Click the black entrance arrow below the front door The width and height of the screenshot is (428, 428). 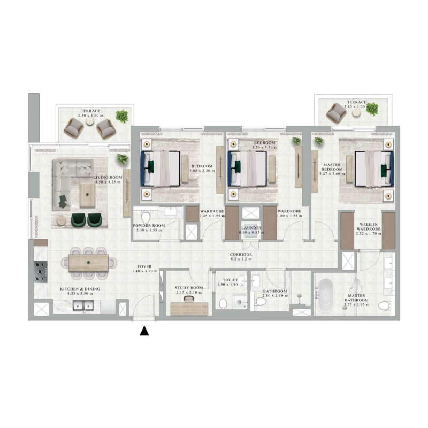click(x=143, y=332)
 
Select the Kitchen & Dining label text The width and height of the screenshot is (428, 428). click(x=80, y=289)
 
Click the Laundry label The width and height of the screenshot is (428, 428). click(x=250, y=227)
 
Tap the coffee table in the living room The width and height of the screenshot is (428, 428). click(x=89, y=193)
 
